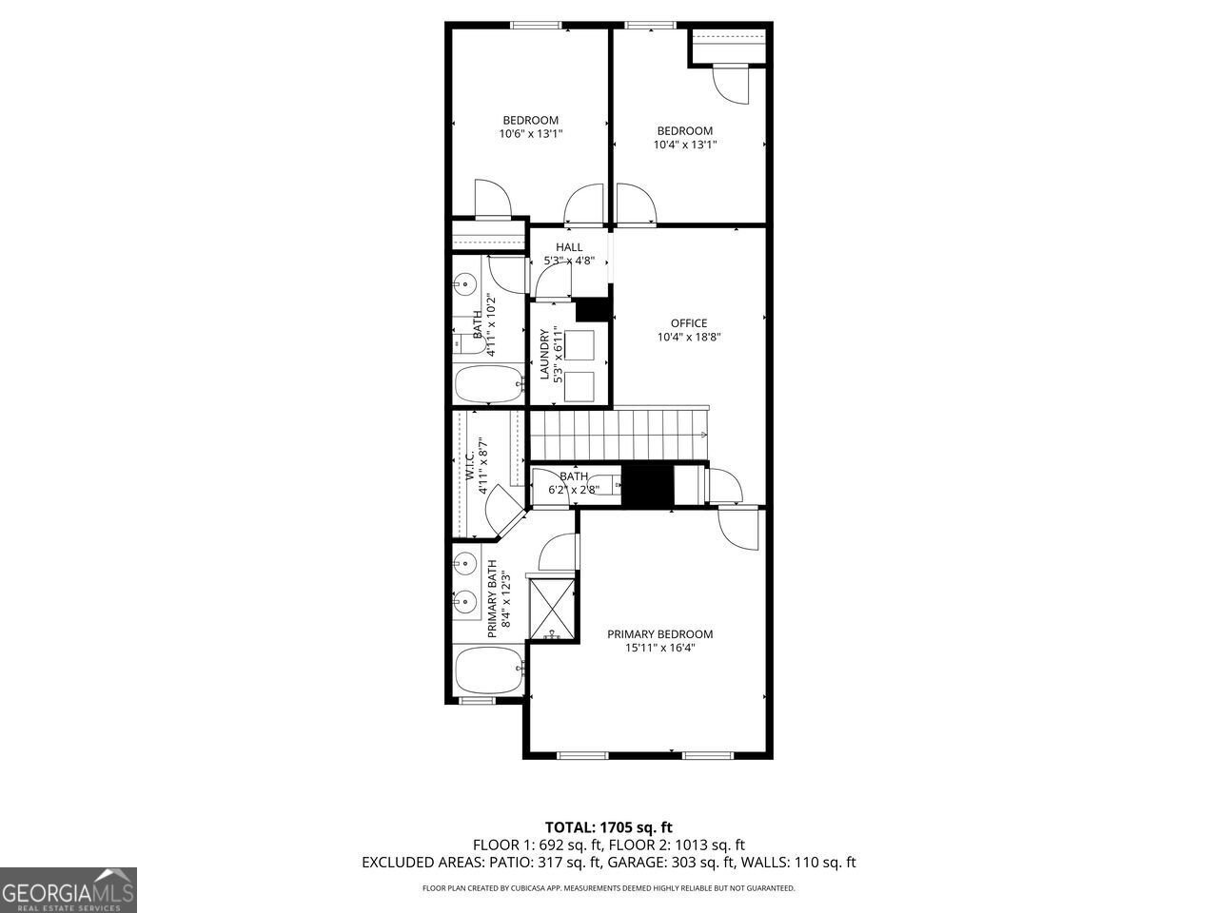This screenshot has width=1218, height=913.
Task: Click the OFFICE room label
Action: [688, 323]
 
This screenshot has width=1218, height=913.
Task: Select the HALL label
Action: [569, 247]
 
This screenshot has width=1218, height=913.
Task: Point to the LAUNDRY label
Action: [545, 355]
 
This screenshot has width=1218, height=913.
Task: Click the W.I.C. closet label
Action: [470, 465]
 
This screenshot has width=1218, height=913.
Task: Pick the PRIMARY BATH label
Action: [493, 605]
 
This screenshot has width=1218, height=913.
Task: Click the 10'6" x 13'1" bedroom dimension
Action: [530, 134]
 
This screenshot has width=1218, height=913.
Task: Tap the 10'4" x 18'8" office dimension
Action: [688, 337]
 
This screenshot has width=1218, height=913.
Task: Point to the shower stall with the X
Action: [552, 609]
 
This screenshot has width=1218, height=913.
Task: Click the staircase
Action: [619, 434]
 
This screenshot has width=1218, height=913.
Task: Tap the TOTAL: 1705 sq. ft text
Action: [608, 827]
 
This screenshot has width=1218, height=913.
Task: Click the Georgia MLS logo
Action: [69, 890]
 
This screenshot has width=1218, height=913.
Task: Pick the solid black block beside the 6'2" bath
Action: [646, 485]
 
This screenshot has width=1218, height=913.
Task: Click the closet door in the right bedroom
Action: [732, 84]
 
